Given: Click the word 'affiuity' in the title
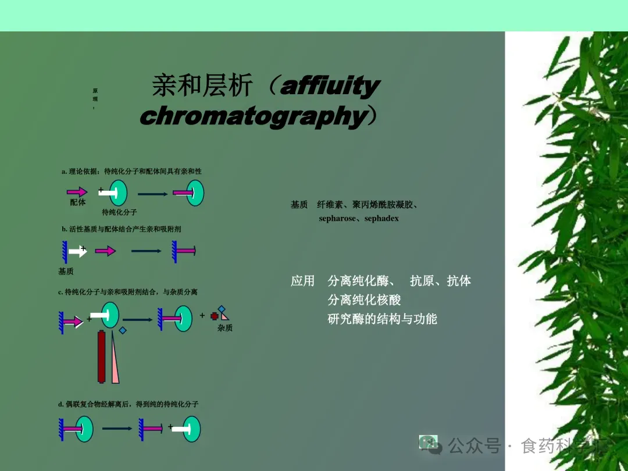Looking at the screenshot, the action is pyautogui.click(x=330, y=87).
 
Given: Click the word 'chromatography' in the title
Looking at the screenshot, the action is pyautogui.click(x=253, y=116).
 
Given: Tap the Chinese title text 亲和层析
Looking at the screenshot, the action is pyautogui.click(x=202, y=86).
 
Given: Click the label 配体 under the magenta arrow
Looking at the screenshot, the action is pyautogui.click(x=78, y=202).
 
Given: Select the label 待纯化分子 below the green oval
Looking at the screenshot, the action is pyautogui.click(x=119, y=212).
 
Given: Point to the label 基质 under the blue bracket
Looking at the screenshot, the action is pyautogui.click(x=66, y=271).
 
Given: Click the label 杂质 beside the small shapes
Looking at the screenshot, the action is pyautogui.click(x=225, y=328).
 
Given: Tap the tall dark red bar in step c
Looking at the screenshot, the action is pyautogui.click(x=102, y=356).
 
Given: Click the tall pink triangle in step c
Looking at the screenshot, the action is pyautogui.click(x=115, y=358).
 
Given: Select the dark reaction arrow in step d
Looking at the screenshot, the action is pyautogui.click(x=117, y=429).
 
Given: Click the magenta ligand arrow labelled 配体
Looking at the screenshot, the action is pyautogui.click(x=77, y=191).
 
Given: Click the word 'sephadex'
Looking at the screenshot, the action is pyautogui.click(x=381, y=219).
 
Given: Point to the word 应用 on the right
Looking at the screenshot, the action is pyautogui.click(x=302, y=281).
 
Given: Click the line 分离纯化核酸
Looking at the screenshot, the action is pyautogui.click(x=364, y=300).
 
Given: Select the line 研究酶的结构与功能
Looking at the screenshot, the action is pyautogui.click(x=382, y=319).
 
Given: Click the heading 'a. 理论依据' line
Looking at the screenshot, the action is pyautogui.click(x=131, y=172).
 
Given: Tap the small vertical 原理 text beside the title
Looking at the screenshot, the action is pyautogui.click(x=95, y=98).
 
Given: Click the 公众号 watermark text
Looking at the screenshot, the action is pyautogui.click(x=474, y=446).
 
